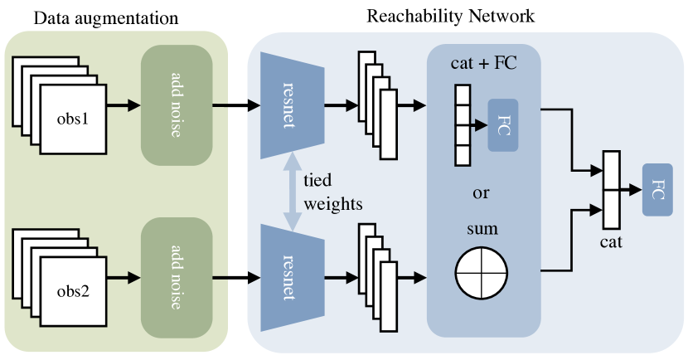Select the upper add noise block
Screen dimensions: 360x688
pos(177,105)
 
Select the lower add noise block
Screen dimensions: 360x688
pos(177,273)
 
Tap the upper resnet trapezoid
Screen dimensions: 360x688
pos(288,105)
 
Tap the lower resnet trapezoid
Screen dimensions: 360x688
pos(288,273)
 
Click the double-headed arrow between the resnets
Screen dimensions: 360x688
pos(291,192)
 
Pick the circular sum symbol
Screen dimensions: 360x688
pos(481,273)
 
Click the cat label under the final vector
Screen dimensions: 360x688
pos(611,244)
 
